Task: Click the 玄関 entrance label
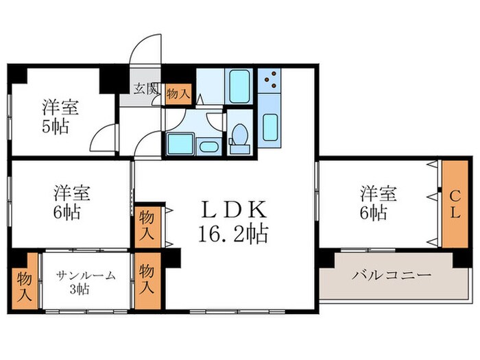point(145,88)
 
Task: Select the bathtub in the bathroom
point(239,85)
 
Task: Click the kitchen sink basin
point(269,126)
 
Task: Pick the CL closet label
point(454,204)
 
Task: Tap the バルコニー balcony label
point(392,276)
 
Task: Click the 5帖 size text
point(56,128)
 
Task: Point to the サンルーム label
point(86,276)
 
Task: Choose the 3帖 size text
point(86,289)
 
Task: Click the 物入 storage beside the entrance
point(178,93)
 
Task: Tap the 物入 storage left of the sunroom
point(25,282)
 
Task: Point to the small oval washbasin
point(206,145)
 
